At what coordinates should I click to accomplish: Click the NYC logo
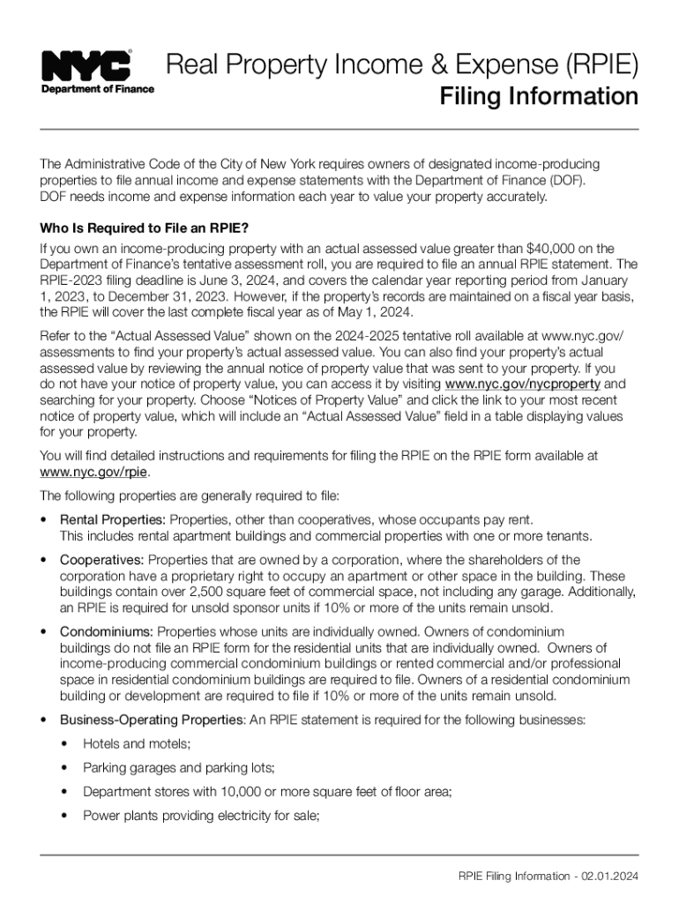click(x=86, y=65)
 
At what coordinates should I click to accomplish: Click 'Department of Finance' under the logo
click(x=97, y=89)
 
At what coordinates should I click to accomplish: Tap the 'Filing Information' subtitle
click(x=539, y=96)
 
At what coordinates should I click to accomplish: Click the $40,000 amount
click(x=553, y=248)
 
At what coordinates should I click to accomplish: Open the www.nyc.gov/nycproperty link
click(x=523, y=384)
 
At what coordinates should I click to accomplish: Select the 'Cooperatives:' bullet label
click(x=101, y=560)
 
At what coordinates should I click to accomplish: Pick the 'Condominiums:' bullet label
click(x=107, y=631)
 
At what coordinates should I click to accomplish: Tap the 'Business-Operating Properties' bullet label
click(x=152, y=720)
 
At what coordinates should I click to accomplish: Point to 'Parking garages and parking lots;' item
click(x=179, y=768)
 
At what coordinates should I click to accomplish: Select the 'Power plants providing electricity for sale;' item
click(x=200, y=816)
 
